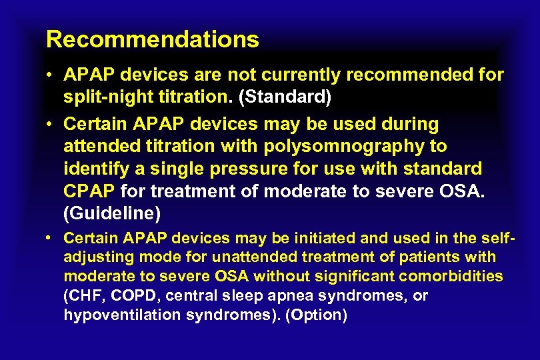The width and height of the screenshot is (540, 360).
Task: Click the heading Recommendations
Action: [x=152, y=39]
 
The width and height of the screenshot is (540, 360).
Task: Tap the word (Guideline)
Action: [x=112, y=213]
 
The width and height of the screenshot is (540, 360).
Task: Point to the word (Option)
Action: [x=316, y=315]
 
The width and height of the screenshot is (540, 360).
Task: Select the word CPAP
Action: [x=90, y=192]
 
